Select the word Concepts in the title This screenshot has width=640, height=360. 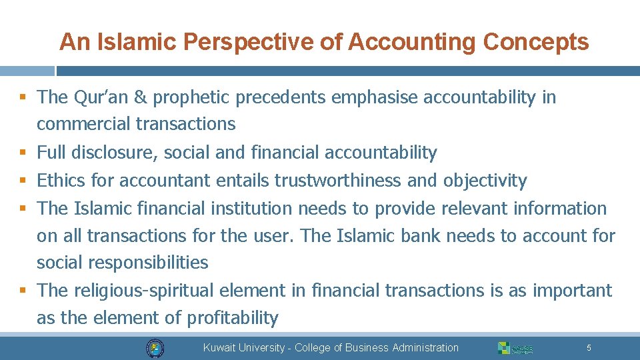point(536,42)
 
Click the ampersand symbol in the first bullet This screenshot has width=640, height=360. point(140,97)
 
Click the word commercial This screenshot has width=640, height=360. point(84,124)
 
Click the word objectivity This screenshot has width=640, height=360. point(485,181)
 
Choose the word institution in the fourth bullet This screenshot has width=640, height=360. point(251,209)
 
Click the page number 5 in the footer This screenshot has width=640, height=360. point(589,347)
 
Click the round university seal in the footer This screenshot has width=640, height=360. point(155,347)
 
